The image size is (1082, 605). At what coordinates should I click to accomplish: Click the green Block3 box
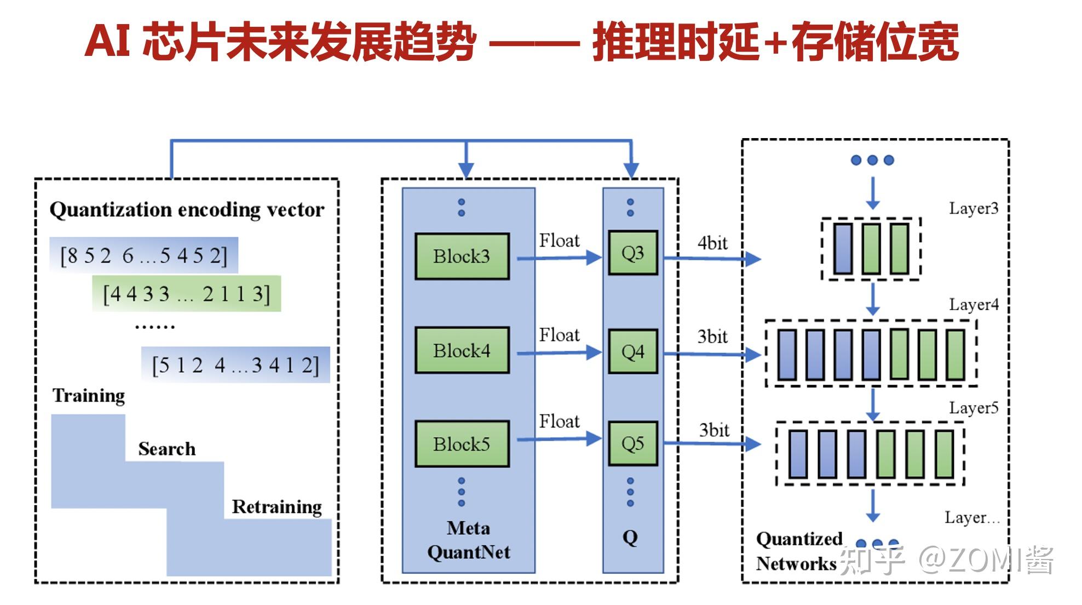point(462,256)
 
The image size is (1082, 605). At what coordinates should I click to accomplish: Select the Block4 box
point(462,351)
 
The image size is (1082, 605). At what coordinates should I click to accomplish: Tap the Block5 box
point(462,444)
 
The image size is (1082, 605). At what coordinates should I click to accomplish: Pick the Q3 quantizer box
point(633,253)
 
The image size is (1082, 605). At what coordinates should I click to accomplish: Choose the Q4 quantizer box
point(633,351)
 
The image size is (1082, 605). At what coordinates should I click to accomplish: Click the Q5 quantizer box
point(633,443)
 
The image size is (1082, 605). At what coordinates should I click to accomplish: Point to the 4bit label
point(712,243)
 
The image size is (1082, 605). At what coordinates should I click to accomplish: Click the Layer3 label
point(974,208)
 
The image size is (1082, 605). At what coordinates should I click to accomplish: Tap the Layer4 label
point(974,305)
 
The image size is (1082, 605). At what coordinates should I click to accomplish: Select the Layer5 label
point(974,408)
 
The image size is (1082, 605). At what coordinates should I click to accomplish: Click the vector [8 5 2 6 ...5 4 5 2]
point(143,255)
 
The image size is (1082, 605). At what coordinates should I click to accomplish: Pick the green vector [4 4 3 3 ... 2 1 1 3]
point(187,294)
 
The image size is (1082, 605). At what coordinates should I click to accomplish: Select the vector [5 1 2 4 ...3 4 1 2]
point(235,365)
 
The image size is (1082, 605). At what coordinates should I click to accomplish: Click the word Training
point(89,396)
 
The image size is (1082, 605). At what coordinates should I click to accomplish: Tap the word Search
point(167,449)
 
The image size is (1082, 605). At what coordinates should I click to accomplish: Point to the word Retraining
point(277,507)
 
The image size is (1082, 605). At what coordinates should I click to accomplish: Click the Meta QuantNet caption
point(469,540)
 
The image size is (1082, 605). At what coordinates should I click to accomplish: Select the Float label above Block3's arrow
point(559,241)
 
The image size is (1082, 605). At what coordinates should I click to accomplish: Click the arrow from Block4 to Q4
point(559,352)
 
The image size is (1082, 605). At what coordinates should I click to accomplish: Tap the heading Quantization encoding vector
point(187,210)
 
